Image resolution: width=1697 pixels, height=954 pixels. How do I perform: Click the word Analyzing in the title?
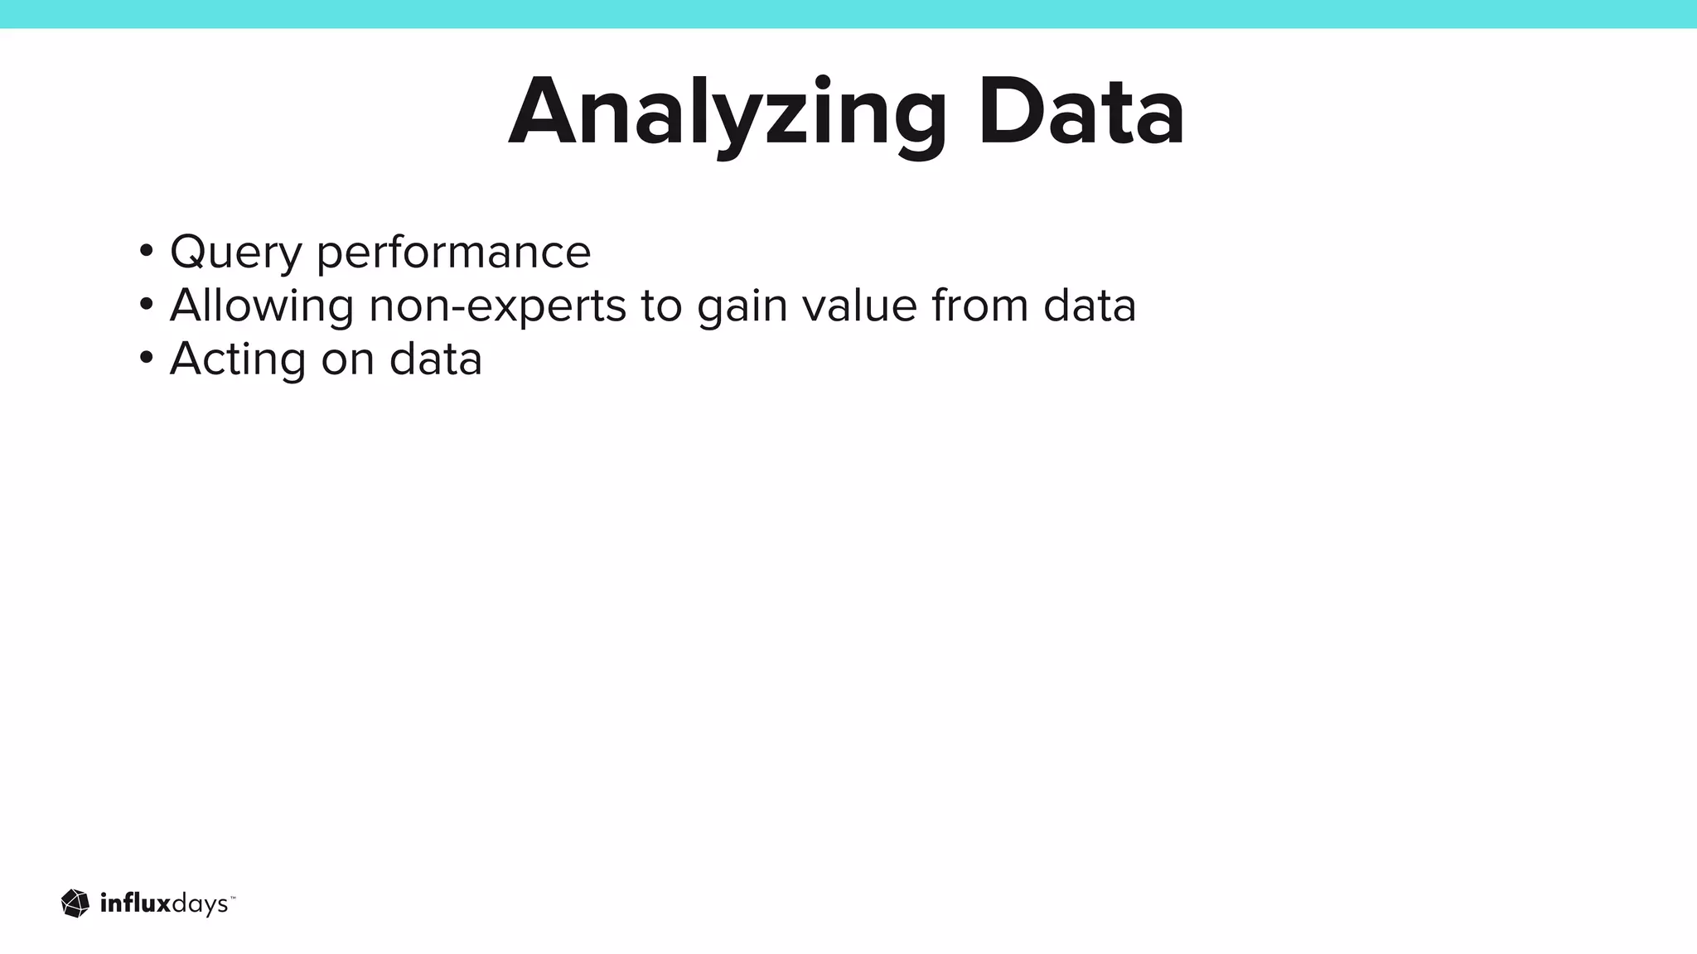point(727,113)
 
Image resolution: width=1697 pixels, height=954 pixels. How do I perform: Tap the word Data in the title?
point(1081,113)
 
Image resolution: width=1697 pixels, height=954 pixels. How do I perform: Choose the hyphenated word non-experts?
point(497,306)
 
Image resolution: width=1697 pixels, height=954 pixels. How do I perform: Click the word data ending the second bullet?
point(1090,305)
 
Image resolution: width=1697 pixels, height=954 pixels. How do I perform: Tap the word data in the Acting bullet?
point(436,359)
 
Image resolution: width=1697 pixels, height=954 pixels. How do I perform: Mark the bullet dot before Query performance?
point(147,250)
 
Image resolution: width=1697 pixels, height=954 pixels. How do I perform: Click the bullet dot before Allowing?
point(147,304)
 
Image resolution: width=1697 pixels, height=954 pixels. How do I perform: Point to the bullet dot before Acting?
point(147,358)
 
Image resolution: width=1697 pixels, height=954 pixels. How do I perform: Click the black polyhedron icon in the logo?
point(75,903)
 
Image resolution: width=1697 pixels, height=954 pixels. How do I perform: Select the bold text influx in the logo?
point(135,903)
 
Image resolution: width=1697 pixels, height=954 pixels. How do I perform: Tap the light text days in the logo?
point(199,906)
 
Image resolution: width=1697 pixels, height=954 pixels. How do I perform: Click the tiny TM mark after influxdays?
point(233,897)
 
